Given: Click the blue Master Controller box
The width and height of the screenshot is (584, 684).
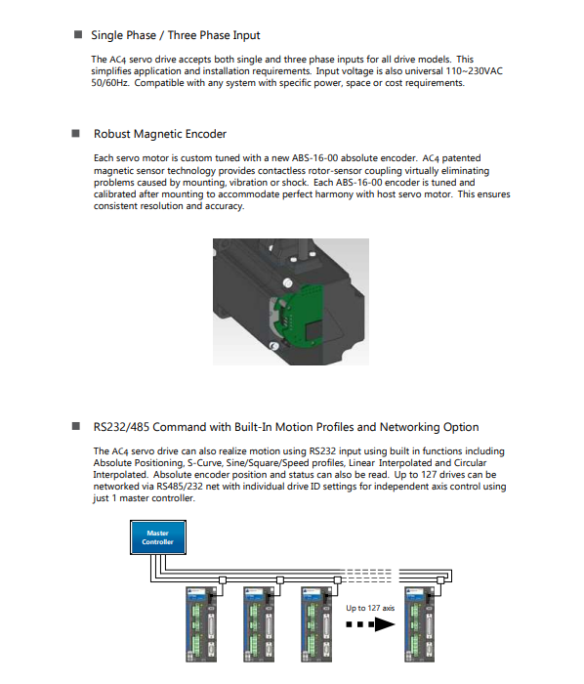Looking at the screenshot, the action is point(158,537).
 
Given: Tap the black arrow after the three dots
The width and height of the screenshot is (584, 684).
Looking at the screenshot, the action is point(385,624).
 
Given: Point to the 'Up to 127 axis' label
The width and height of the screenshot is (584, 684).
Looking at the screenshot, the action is point(370,608).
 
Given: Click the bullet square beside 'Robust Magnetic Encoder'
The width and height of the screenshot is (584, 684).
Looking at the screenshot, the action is point(76,133).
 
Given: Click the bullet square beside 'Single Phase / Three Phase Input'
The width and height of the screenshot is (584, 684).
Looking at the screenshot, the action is point(78,34).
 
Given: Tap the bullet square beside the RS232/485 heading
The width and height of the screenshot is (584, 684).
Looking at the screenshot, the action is point(76,426).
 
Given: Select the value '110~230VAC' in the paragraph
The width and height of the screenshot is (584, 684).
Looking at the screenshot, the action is point(475,71).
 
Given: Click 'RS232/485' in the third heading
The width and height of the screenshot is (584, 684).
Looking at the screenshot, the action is point(122,427).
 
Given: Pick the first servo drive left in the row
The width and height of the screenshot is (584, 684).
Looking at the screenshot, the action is point(201,623).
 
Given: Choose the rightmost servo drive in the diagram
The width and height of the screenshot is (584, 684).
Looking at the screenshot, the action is point(420,623).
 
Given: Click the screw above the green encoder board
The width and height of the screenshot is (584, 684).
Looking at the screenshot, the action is point(287,282).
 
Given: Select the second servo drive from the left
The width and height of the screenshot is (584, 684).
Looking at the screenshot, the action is point(259,623).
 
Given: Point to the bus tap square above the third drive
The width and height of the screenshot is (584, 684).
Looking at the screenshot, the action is point(337,580).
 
